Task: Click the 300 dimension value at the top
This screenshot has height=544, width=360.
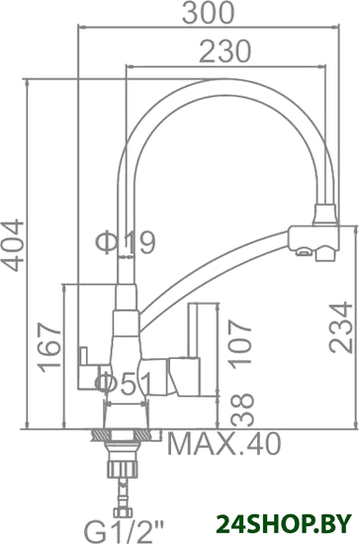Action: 208,13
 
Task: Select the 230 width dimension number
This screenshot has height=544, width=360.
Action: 225,51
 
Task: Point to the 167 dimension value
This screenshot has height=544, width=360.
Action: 49,347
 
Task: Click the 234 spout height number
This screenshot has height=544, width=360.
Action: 340,327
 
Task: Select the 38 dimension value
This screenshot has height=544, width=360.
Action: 242,409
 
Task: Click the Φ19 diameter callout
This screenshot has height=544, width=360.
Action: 126,242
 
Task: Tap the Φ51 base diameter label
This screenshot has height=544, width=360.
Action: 125,384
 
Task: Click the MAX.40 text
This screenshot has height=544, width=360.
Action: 224,444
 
